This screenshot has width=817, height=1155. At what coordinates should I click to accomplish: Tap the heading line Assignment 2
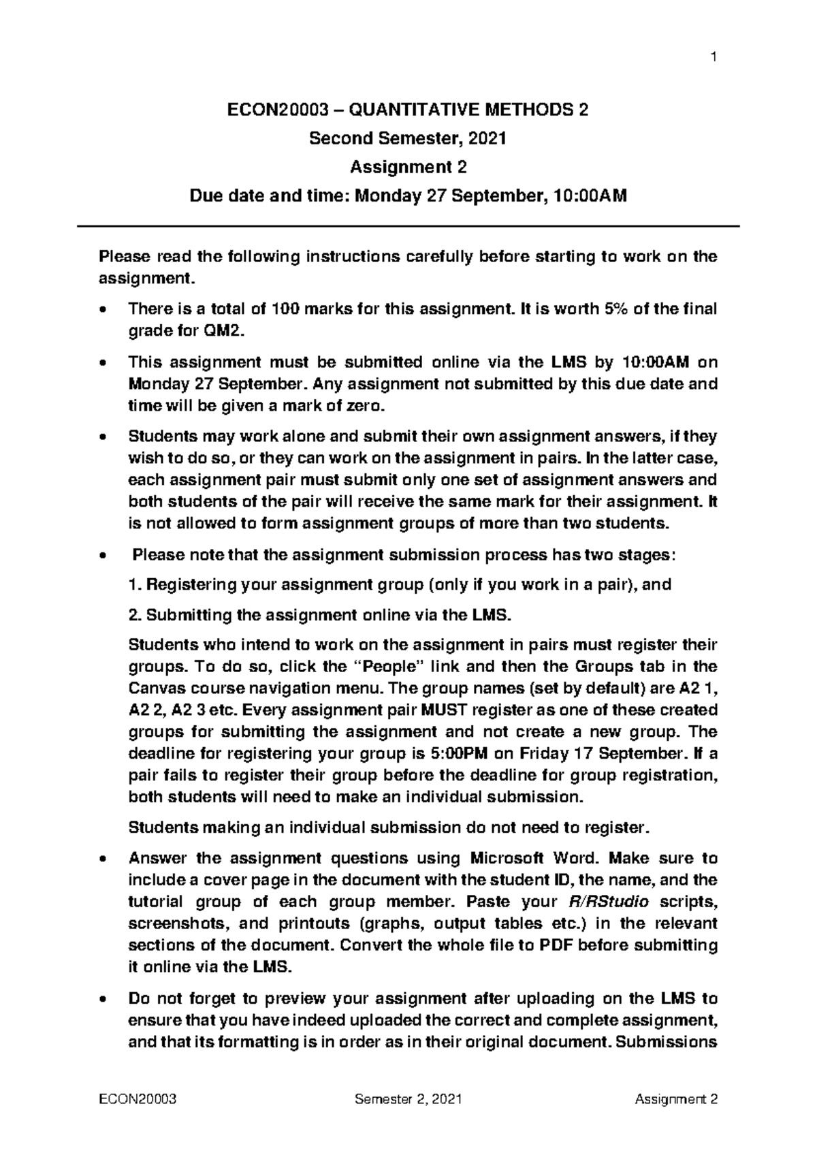(408, 168)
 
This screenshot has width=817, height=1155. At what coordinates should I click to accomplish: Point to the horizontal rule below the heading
(408, 226)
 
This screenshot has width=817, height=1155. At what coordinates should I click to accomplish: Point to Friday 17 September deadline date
(600, 753)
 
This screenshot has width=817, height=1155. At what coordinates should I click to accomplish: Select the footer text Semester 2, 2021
(408, 1099)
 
